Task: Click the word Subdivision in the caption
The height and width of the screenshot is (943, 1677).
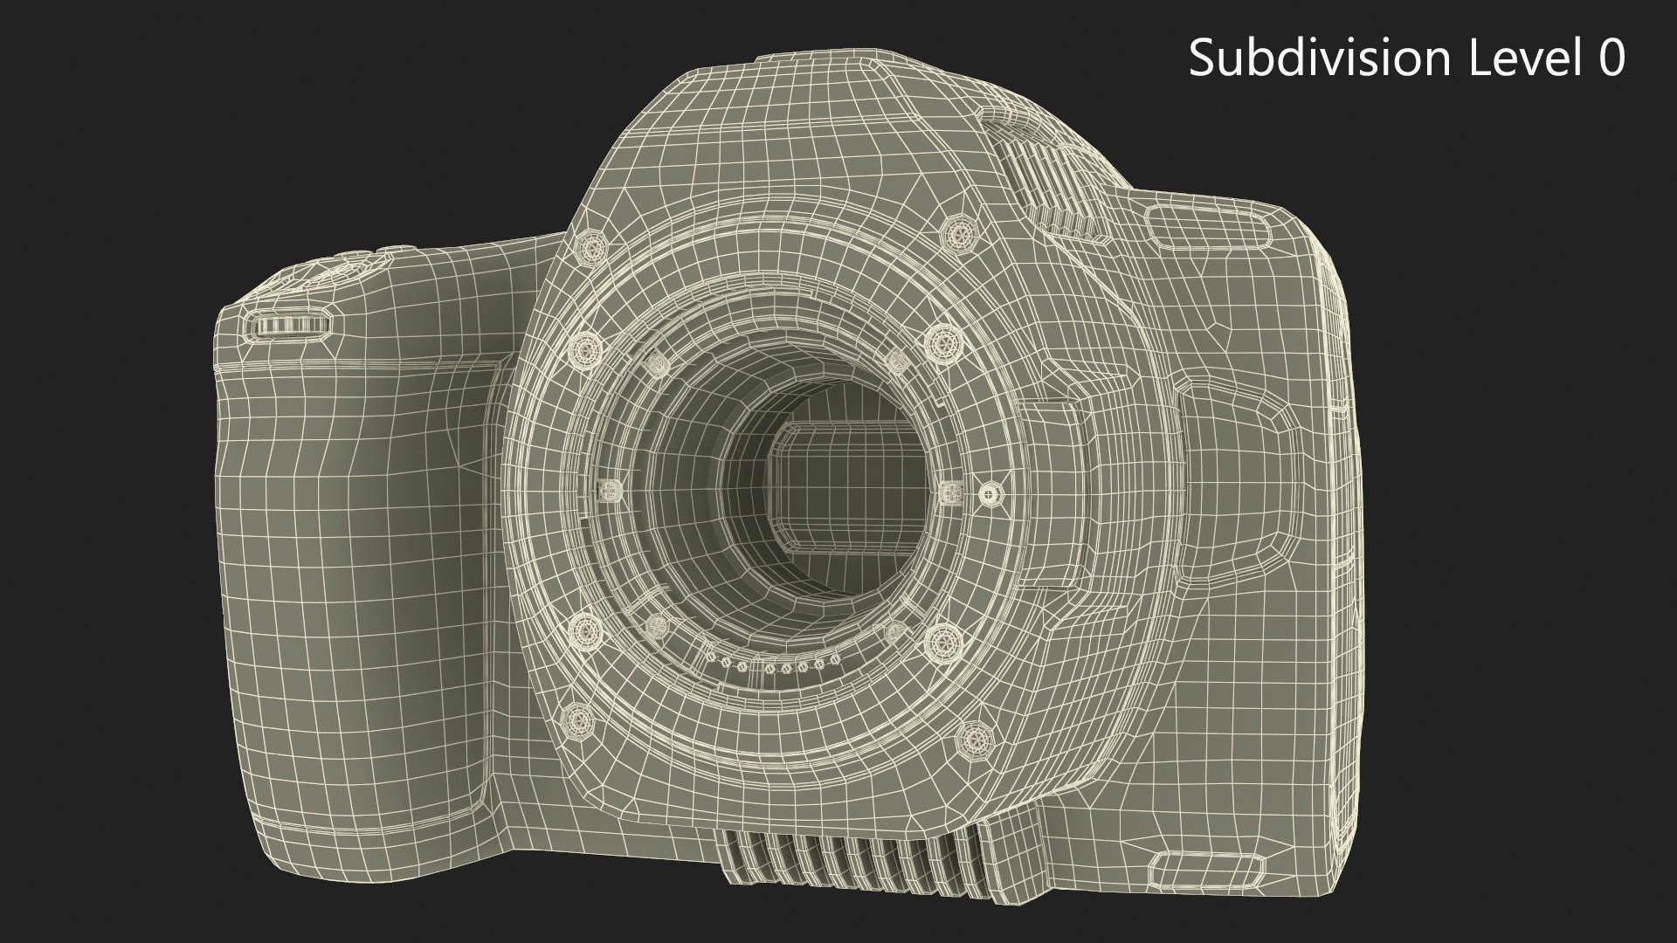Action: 1316,59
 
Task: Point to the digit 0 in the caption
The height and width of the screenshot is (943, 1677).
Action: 1608,59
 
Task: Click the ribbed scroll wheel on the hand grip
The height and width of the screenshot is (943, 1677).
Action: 292,327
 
